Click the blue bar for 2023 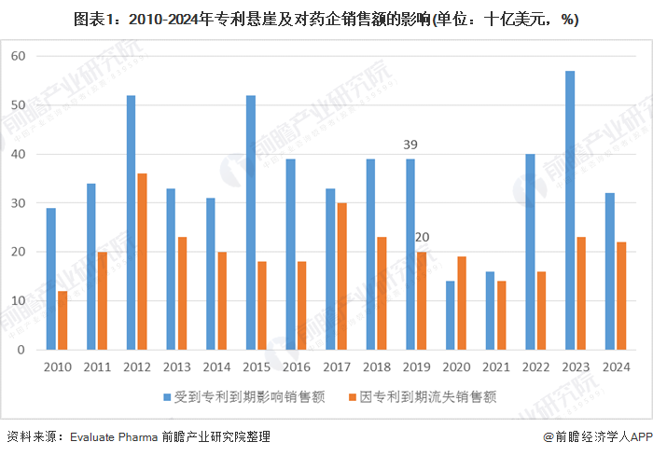point(569,210)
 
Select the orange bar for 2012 point(142,261)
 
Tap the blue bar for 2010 point(50,279)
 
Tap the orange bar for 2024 point(620,296)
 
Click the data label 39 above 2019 point(410,145)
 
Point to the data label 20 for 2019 point(422,237)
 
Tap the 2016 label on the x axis point(296,366)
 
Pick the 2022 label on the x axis point(535,366)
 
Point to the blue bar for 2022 point(530,252)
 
